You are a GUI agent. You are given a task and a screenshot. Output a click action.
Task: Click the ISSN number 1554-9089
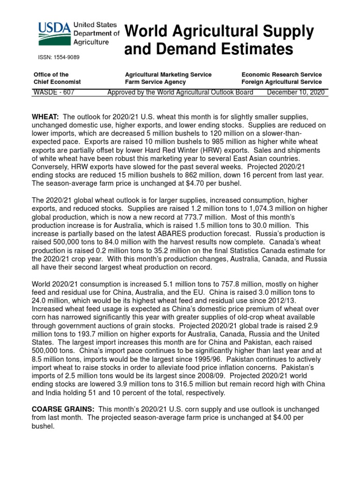tap(59, 57)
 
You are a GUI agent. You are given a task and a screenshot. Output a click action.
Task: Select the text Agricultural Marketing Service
tap(168, 75)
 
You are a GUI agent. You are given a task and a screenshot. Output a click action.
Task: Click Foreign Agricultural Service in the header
tap(281, 82)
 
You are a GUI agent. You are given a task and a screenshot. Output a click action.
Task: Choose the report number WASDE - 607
tap(53, 92)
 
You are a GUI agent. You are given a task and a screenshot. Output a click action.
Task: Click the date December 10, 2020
tap(295, 92)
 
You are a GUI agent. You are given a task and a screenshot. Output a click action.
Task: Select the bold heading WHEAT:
tap(45, 116)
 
